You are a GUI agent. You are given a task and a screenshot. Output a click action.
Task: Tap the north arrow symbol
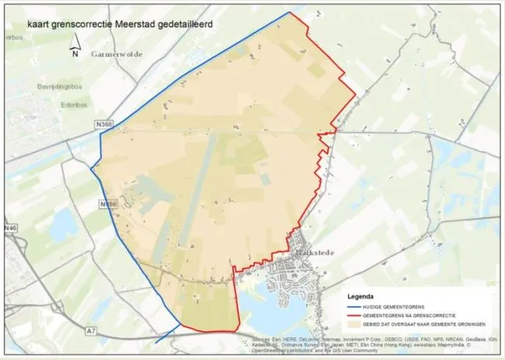pos(75,51)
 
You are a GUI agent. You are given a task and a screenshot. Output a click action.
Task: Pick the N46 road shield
pos(9,228)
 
